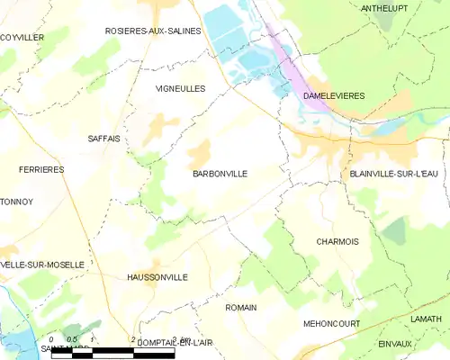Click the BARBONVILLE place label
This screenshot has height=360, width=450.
point(220,174)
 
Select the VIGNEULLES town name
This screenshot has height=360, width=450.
point(181,89)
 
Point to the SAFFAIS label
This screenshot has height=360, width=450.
point(104,139)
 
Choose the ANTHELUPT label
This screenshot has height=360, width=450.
point(384,8)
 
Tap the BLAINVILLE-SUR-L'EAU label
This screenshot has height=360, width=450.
point(393,174)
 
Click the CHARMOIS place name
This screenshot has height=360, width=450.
point(337,241)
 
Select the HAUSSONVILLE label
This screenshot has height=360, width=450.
point(157,277)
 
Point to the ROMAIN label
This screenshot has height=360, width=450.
point(241,308)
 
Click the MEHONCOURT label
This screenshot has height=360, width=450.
point(332,324)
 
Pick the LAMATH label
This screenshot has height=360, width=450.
point(426,319)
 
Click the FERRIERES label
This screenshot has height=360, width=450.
point(41,169)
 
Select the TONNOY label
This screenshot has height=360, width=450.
point(16,202)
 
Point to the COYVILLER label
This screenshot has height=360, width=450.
point(22,38)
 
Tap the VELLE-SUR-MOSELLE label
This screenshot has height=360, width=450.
point(42,265)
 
